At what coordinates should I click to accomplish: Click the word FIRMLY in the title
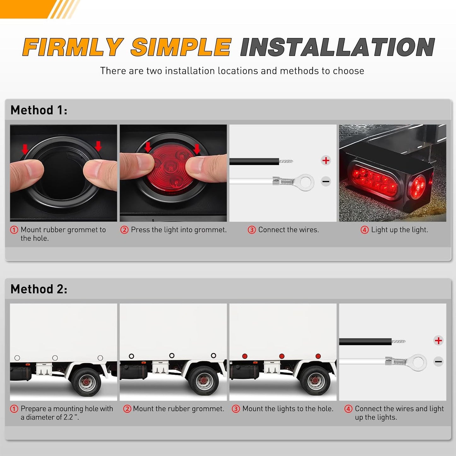tap(72, 47)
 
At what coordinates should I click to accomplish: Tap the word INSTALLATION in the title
tap(337, 47)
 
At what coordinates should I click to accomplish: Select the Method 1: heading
tap(38, 110)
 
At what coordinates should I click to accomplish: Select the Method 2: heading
tap(38, 289)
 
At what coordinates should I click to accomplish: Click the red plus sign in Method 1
tap(326, 160)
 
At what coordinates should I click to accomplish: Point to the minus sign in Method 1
tap(326, 181)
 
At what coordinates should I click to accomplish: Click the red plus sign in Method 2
tap(438, 341)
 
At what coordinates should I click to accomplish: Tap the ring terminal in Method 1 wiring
tap(304, 182)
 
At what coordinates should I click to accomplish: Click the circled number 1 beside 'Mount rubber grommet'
tap(14, 230)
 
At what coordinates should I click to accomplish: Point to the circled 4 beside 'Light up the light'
tap(364, 230)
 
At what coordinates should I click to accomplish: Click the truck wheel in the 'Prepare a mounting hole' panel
tap(86, 382)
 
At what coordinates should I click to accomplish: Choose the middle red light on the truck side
tap(282, 356)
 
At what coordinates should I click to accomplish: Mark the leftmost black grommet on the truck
tap(131, 356)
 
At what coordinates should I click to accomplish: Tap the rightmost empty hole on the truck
tap(100, 358)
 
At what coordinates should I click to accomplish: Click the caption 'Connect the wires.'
tap(288, 230)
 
